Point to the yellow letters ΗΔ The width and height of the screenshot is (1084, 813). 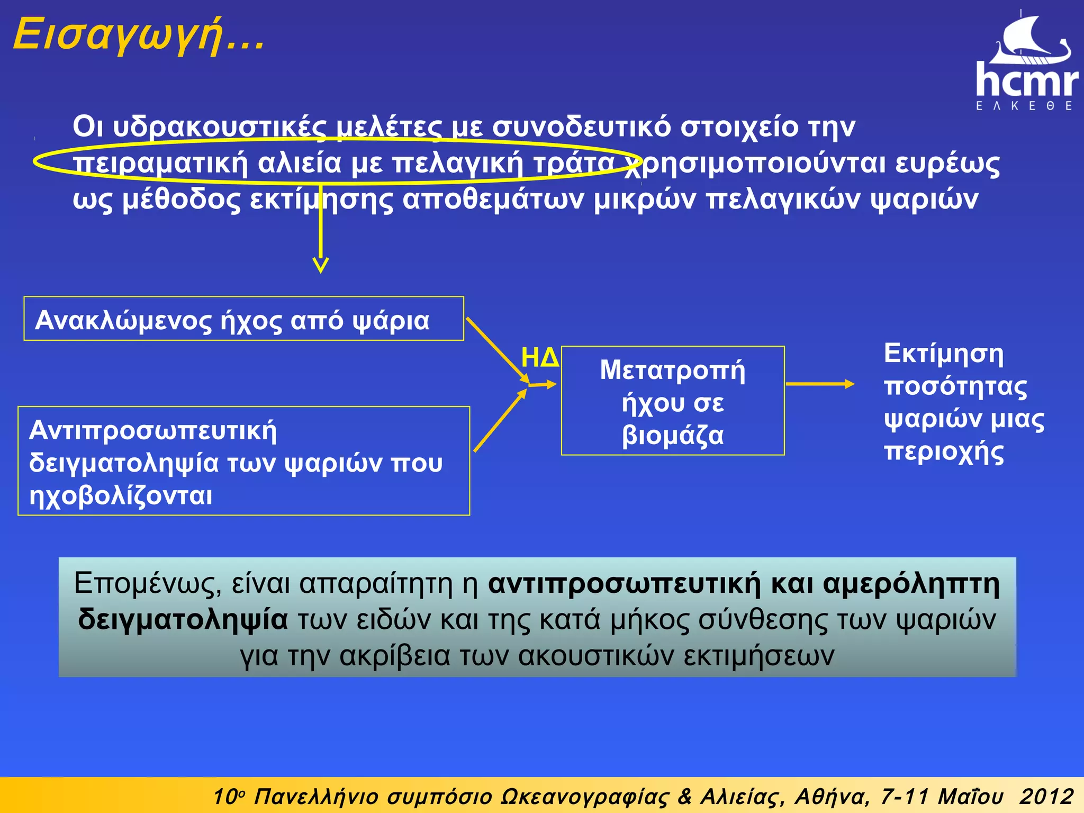pyautogui.click(x=540, y=358)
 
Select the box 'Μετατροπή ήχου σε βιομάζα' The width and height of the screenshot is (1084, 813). pyautogui.click(x=672, y=401)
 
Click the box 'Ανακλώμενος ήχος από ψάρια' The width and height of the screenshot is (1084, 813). pyautogui.click(x=243, y=319)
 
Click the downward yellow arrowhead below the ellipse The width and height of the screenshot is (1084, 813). pyautogui.click(x=321, y=265)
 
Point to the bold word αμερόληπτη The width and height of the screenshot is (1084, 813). pyautogui.click(x=911, y=584)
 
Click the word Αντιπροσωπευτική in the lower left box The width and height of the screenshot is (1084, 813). pyautogui.click(x=153, y=430)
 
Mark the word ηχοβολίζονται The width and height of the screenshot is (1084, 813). pyautogui.click(x=121, y=496)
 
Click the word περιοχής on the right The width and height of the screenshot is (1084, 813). pyautogui.click(x=944, y=453)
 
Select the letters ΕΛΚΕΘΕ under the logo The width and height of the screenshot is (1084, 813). pyautogui.click(x=1024, y=106)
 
